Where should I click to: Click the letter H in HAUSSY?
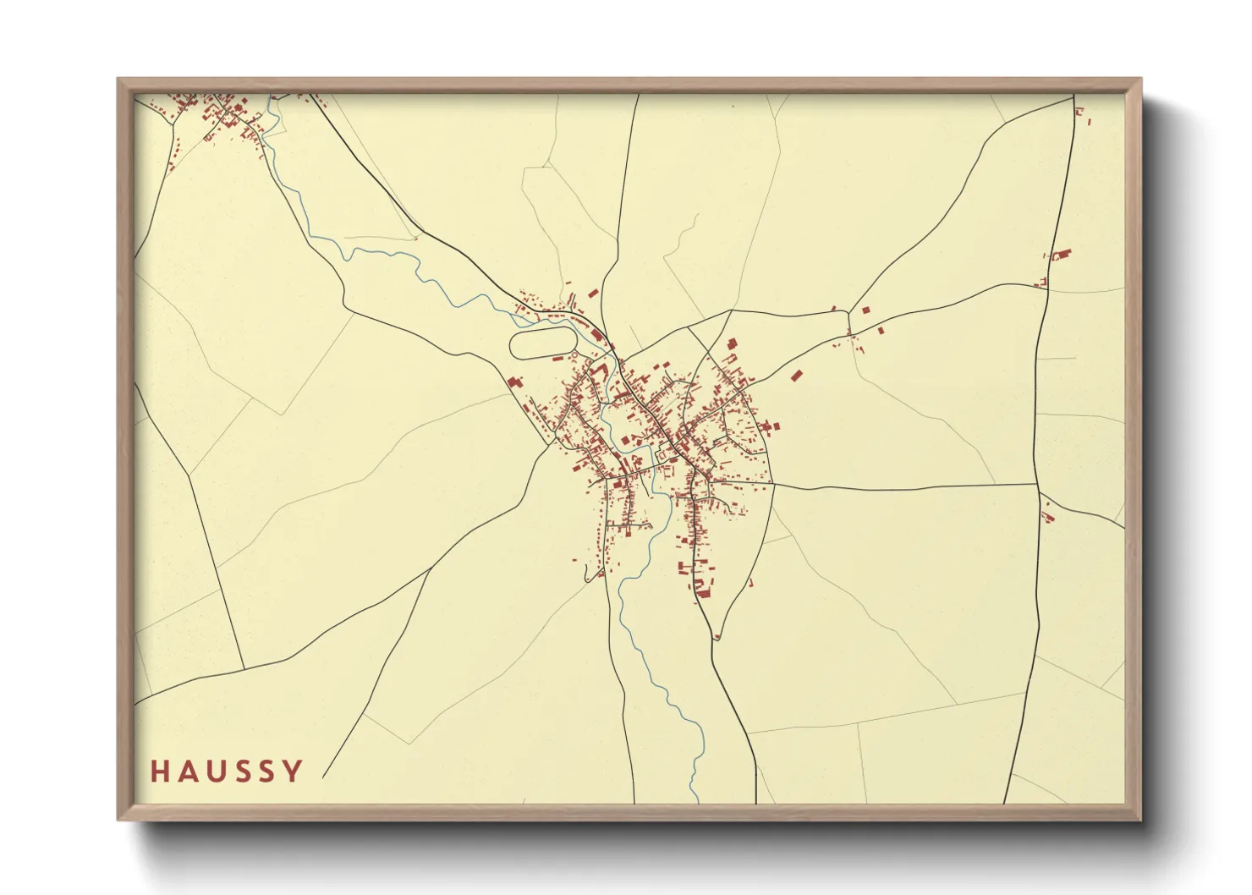coord(159,771)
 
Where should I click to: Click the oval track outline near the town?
coord(544,343)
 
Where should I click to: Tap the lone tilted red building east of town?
coord(795,376)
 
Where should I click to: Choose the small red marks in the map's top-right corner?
coord(1079,111)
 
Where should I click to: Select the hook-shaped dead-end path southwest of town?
coord(587,576)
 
